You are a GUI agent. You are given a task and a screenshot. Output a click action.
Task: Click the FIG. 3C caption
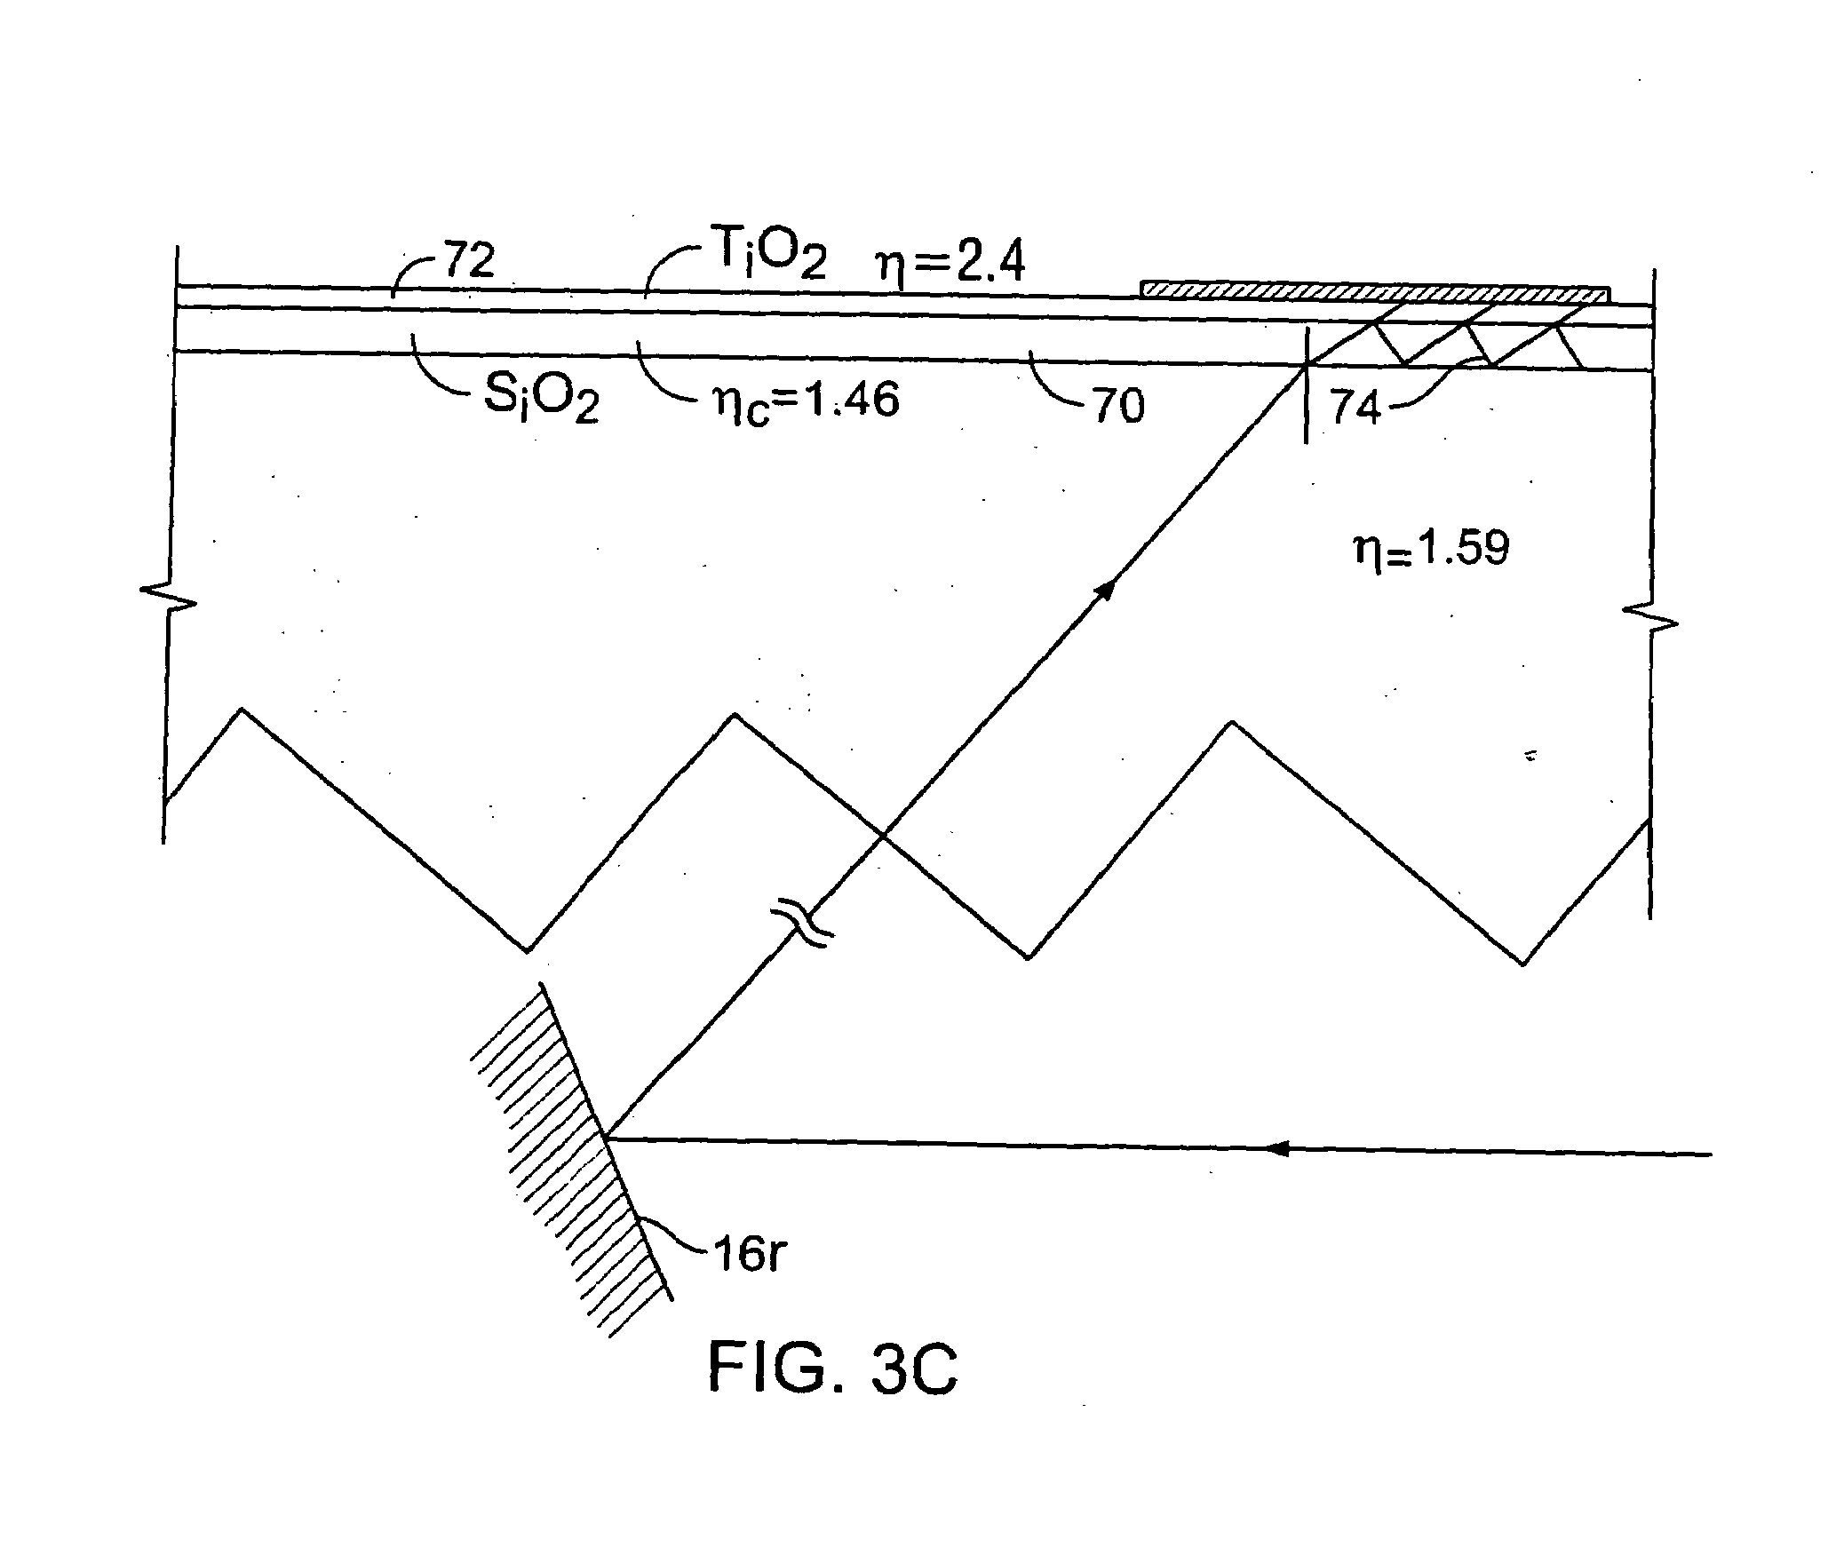832,1369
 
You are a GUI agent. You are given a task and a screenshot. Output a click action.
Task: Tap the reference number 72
468,261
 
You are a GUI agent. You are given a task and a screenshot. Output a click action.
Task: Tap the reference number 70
1117,406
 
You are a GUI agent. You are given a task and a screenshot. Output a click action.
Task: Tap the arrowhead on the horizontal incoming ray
1276,1148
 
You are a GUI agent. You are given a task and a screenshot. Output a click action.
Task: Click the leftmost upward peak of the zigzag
242,709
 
